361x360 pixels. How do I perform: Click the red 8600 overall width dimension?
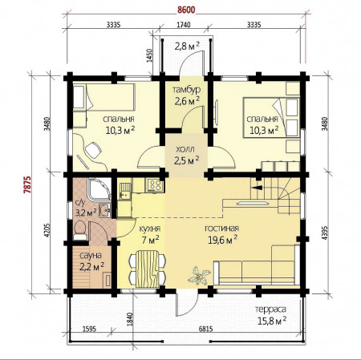coord(186,10)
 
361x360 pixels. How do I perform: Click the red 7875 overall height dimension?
coord(27,184)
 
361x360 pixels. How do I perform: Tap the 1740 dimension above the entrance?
coord(184,25)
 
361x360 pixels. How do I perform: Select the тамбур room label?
coord(186,90)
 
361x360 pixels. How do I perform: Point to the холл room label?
coord(185,149)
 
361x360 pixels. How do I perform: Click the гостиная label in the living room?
coord(221,229)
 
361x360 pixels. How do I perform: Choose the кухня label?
coord(150,229)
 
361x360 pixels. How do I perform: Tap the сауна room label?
coord(91,256)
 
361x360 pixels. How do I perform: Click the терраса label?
coord(270,309)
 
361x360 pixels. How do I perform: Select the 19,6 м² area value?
coord(223,240)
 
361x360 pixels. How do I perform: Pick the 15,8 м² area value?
coord(272,320)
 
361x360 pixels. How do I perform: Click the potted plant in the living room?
coord(199,276)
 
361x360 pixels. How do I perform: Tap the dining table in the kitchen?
coord(147,269)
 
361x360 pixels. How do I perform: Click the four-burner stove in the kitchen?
coord(155,185)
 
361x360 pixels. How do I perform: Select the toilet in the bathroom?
coord(79,230)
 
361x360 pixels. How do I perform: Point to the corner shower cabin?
coord(99,190)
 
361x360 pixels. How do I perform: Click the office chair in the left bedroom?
coord(93,150)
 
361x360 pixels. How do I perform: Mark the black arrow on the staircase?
coord(258,188)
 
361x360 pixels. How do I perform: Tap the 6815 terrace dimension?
coord(205,329)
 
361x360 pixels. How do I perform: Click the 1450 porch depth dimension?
coord(150,55)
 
